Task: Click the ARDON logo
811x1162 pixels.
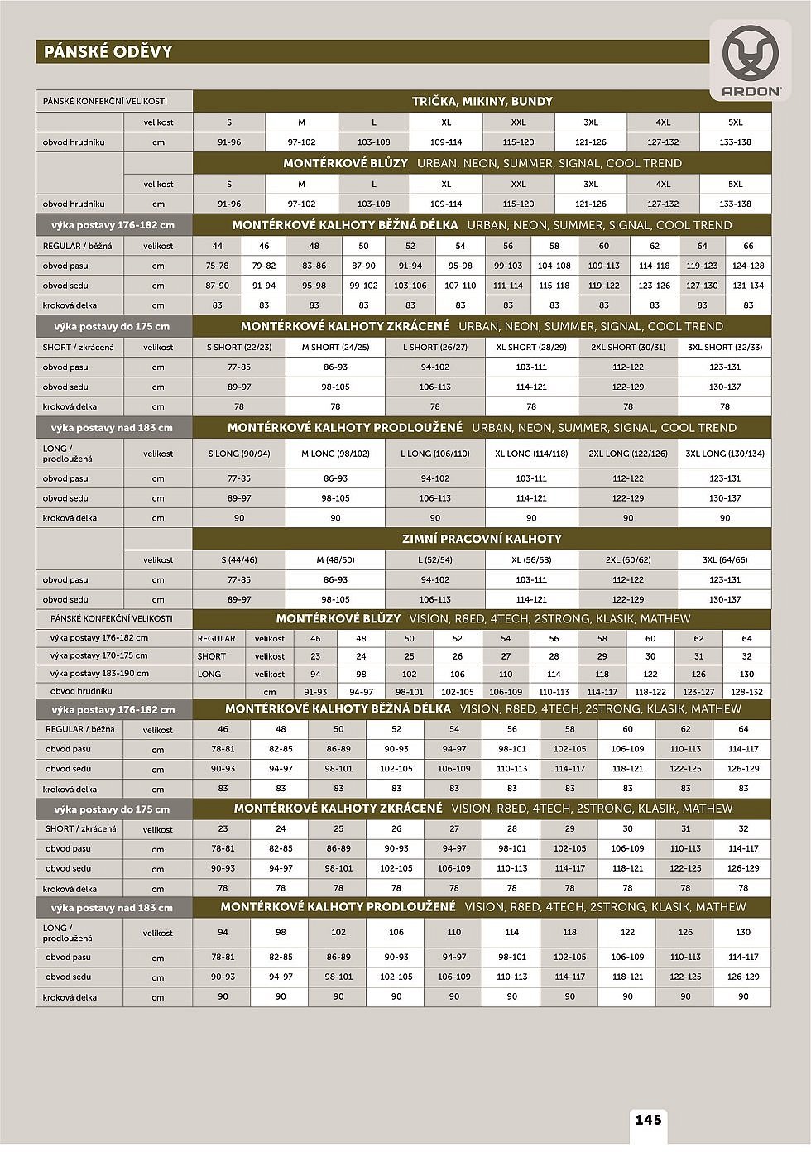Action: click(750, 62)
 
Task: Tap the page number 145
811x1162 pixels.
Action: click(649, 1120)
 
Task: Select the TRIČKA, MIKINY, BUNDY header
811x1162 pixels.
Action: click(482, 102)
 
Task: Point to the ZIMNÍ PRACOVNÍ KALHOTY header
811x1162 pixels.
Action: click(482, 539)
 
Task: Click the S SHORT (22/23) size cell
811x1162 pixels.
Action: click(239, 348)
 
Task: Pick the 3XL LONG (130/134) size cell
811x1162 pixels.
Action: click(725, 454)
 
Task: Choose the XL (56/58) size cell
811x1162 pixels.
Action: click(531, 560)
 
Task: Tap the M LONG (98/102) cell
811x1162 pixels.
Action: click(335, 454)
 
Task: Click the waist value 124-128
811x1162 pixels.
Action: click(748, 266)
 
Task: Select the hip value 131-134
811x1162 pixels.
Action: click(748, 286)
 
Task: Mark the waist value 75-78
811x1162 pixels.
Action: click(218, 266)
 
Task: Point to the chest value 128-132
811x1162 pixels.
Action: click(746, 692)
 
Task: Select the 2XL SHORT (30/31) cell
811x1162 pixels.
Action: click(628, 348)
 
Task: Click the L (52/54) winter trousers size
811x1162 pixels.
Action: click(435, 560)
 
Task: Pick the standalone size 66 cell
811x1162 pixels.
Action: click(748, 246)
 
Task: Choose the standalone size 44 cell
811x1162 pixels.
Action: click(218, 246)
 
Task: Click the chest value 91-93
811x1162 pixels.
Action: click(315, 692)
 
